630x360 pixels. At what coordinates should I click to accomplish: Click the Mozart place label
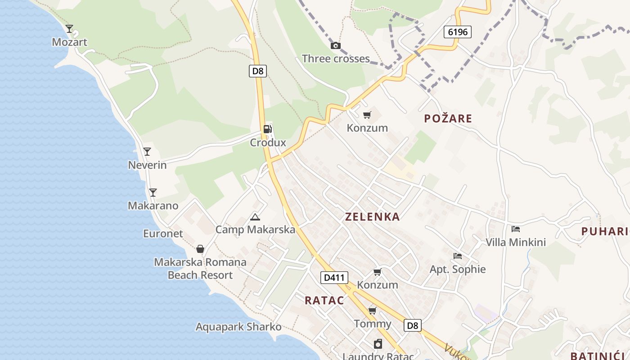69,42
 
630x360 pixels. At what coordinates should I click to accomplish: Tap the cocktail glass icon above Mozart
69,29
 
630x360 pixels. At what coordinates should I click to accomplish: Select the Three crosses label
336,58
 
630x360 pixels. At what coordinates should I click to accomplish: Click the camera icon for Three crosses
335,45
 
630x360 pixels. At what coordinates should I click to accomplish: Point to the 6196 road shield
458,32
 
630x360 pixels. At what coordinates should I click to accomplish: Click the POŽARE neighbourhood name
448,118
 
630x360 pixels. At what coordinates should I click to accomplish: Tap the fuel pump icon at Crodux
268,129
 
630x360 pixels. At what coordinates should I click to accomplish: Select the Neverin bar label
147,165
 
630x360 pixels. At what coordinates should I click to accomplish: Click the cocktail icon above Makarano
153,192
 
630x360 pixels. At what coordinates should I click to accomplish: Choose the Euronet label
163,234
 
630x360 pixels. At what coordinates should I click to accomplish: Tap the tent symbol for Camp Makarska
255,217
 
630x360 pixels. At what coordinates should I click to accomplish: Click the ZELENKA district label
372,217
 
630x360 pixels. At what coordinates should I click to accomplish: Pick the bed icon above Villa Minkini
516,229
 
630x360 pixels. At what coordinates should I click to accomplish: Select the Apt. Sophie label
458,270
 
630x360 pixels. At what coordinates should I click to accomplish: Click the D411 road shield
334,277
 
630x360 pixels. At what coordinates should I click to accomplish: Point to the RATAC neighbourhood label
324,301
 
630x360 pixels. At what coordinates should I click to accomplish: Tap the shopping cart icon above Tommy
373,310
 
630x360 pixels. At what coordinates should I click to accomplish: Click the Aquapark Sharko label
238,327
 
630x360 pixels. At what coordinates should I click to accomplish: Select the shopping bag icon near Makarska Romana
200,249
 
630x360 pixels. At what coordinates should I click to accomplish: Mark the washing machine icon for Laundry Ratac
378,344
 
